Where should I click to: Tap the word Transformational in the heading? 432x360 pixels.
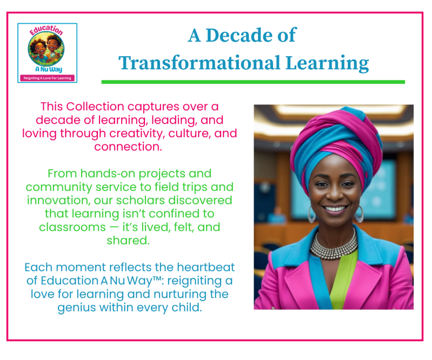pos(200,63)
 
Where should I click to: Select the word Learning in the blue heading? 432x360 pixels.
pos(327,63)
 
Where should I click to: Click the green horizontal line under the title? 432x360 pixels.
pos(253,82)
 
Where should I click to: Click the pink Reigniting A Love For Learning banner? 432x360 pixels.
pos(48,78)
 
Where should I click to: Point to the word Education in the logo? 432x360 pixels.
pos(46,30)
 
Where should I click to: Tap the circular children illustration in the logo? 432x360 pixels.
pos(46,49)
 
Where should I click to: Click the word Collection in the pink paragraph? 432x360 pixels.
pos(95,106)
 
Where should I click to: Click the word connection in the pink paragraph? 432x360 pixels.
pos(128,146)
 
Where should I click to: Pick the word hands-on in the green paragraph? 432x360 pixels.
pos(108,174)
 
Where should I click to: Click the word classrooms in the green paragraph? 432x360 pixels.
pos(72,227)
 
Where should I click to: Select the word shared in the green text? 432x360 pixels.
pos(128,241)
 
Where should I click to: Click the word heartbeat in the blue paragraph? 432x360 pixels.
pos(206,267)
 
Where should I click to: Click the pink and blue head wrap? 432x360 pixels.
pos(336,143)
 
